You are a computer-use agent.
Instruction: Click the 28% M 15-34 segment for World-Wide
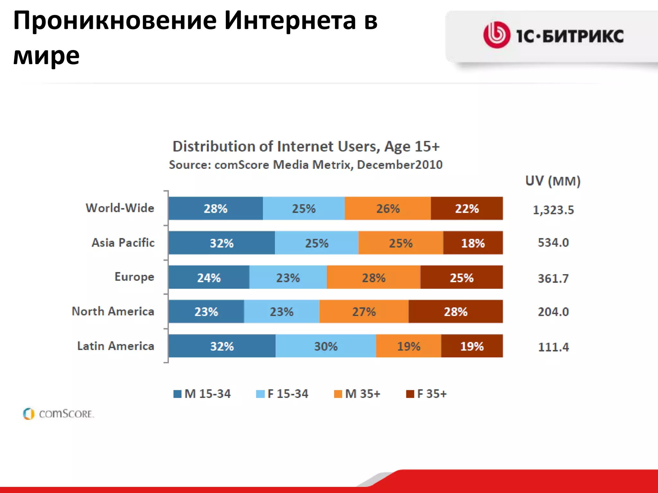click(x=216, y=209)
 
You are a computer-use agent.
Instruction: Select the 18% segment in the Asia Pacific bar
click(x=473, y=243)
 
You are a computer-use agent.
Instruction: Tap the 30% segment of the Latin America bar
click(x=326, y=346)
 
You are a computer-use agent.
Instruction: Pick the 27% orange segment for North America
click(x=364, y=312)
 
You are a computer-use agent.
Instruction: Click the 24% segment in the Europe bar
click(x=209, y=277)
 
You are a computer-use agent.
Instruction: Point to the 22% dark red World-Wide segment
click(x=467, y=209)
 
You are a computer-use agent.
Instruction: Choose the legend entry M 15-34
click(x=202, y=394)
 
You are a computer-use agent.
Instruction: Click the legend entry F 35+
click(x=427, y=394)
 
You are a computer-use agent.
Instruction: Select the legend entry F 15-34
click(x=282, y=394)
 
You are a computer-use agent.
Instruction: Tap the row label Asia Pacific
click(x=123, y=243)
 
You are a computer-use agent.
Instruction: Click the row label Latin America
click(x=116, y=346)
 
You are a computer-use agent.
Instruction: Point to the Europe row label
click(x=134, y=277)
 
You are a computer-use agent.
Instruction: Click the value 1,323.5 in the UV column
click(x=553, y=210)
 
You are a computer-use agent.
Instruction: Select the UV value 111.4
click(x=553, y=347)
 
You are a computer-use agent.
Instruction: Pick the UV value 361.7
click(x=553, y=278)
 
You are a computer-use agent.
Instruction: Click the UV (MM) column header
click(x=553, y=181)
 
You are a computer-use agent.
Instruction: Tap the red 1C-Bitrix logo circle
click(x=497, y=35)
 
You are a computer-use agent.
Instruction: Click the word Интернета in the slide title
click(x=290, y=21)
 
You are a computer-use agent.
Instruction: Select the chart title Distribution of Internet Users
click(x=306, y=146)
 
